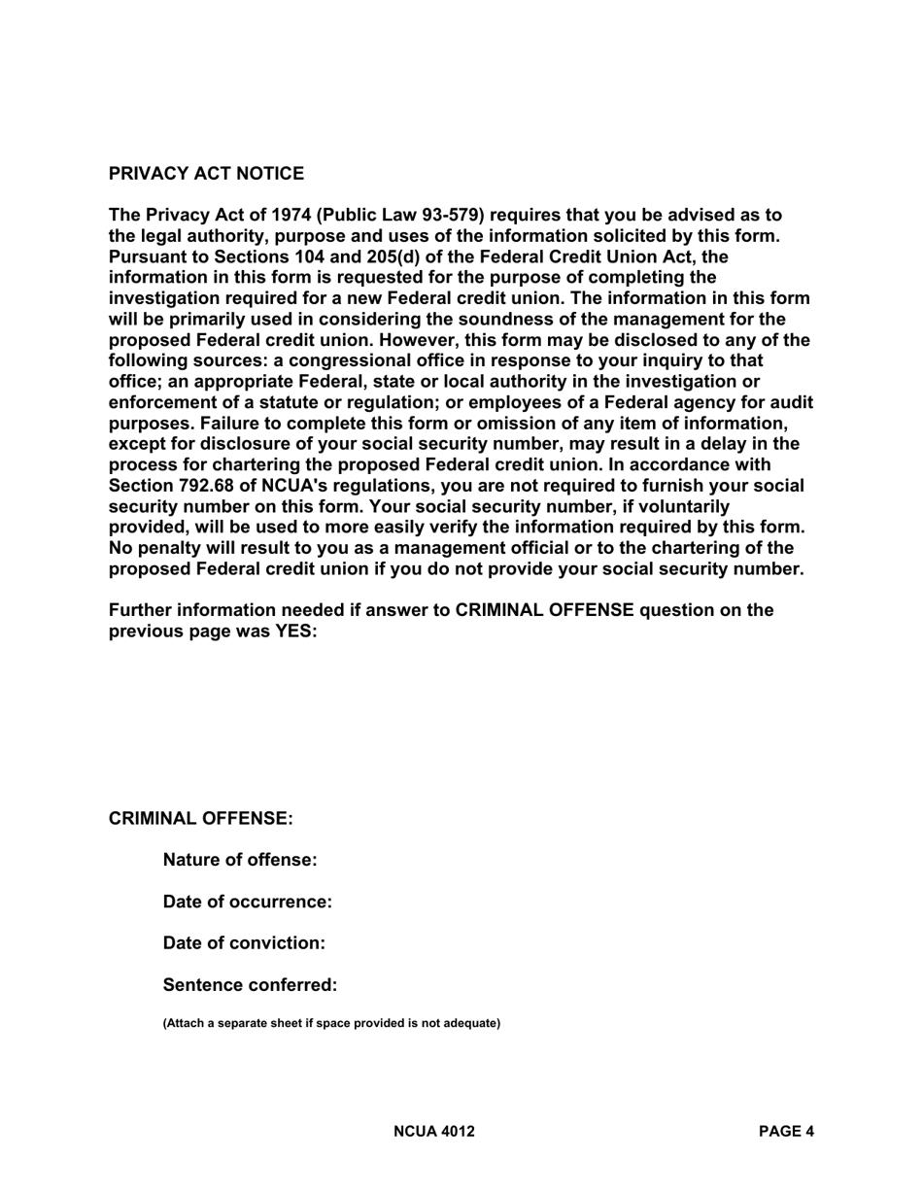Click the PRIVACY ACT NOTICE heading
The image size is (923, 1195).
(206, 174)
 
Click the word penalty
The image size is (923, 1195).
(170, 548)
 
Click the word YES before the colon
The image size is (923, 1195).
(294, 632)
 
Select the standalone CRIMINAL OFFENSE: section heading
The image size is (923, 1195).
(200, 819)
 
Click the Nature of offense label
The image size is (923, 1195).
(240, 860)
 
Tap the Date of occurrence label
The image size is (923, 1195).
(247, 902)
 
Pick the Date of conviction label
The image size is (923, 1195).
(244, 943)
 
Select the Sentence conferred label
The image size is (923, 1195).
(250, 985)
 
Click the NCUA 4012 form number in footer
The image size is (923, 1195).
(434, 1132)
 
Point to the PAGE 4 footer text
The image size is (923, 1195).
(786, 1132)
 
